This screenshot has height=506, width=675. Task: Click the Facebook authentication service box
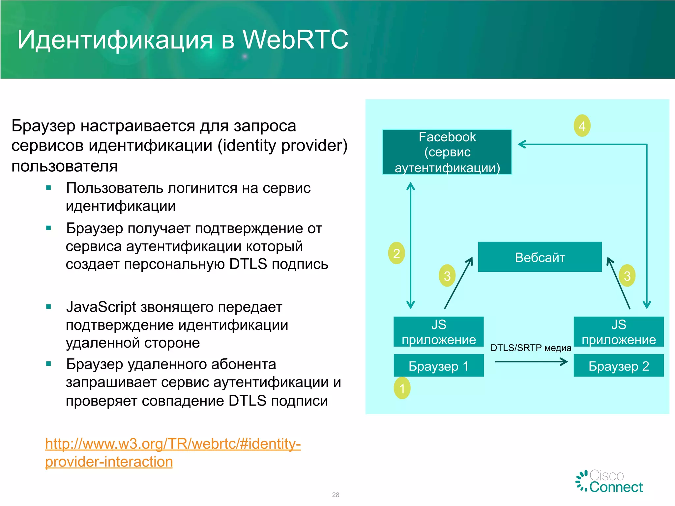[x=447, y=152]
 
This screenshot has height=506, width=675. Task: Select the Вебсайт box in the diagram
[x=540, y=257]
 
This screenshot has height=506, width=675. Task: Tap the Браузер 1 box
[x=438, y=366]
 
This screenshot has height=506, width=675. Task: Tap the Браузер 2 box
[x=618, y=366]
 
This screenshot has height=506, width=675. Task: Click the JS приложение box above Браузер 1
[x=438, y=332]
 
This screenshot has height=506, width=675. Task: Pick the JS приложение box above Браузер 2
[x=618, y=332]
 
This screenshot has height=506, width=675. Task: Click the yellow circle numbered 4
[x=582, y=126]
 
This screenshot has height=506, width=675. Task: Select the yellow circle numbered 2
[x=396, y=253]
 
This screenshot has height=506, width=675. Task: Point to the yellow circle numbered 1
[x=402, y=388]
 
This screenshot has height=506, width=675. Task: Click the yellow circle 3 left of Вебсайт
[x=447, y=276]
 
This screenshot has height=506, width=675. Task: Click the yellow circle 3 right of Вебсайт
[x=627, y=276]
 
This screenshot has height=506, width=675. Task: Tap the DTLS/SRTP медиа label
[x=531, y=348]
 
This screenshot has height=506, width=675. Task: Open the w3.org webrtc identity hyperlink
[x=173, y=444]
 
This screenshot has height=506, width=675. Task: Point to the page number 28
[x=336, y=495]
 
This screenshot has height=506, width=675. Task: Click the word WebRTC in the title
[x=295, y=40]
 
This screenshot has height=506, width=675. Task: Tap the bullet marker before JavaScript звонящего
[x=49, y=307]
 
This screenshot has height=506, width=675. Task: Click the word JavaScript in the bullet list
[x=101, y=307]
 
